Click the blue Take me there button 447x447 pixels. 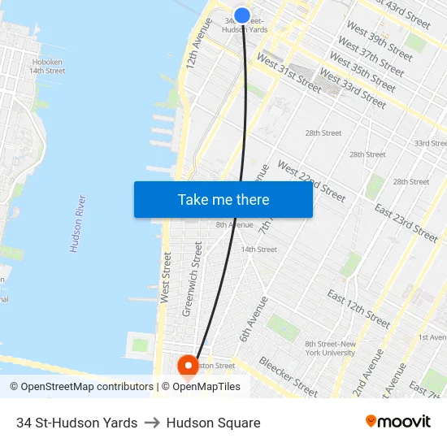click(223, 199)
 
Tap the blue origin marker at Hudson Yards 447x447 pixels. click(242, 15)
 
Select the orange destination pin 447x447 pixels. click(189, 367)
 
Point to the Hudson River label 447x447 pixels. click(78, 223)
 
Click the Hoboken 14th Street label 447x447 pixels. click(47, 66)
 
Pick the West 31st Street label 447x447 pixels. click(289, 72)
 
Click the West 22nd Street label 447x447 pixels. click(311, 180)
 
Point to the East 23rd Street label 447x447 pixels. click(406, 221)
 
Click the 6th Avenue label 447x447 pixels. click(253, 319)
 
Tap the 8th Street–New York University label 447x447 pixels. click(330, 348)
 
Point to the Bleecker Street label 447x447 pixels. click(289, 376)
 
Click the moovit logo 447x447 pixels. click(398, 422)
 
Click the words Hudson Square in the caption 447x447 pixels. click(213, 423)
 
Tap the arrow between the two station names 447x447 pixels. click(152, 423)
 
